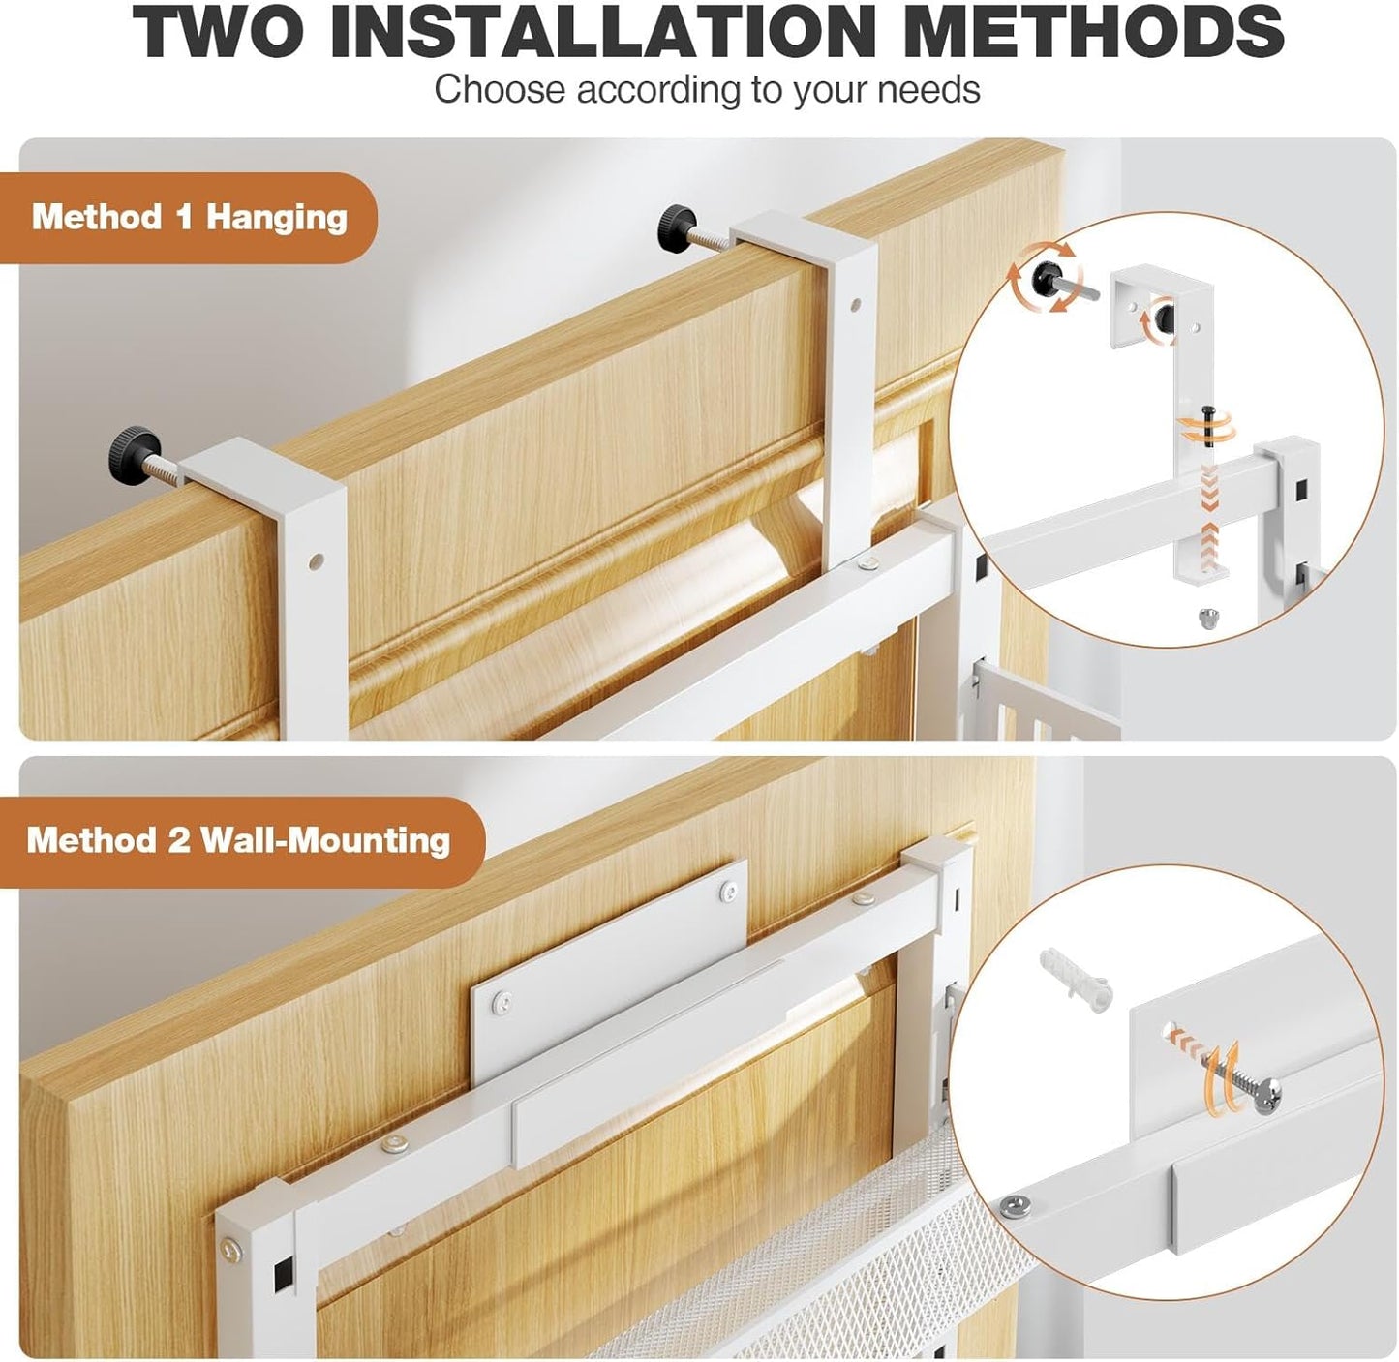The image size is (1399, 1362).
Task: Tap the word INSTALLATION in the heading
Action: pyautogui.click(x=600, y=32)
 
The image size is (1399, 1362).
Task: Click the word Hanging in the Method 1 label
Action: pyautogui.click(x=276, y=218)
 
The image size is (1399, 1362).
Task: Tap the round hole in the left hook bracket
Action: pyautogui.click(x=315, y=561)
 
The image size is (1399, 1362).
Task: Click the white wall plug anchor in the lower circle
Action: pyautogui.click(x=1074, y=976)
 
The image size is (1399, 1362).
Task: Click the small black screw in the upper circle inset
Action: pyautogui.click(x=1208, y=426)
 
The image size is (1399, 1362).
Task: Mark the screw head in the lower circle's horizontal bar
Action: pyautogui.click(x=1014, y=1204)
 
